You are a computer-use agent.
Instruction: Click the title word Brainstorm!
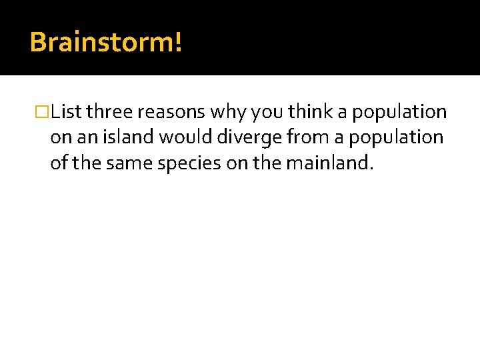105,42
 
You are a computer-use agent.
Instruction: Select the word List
66,112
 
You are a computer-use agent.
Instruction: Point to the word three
109,112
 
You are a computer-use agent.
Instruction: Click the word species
182,163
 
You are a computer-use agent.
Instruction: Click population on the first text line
399,112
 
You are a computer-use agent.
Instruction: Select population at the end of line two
396,137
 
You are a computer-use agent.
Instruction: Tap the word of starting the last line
58,163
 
